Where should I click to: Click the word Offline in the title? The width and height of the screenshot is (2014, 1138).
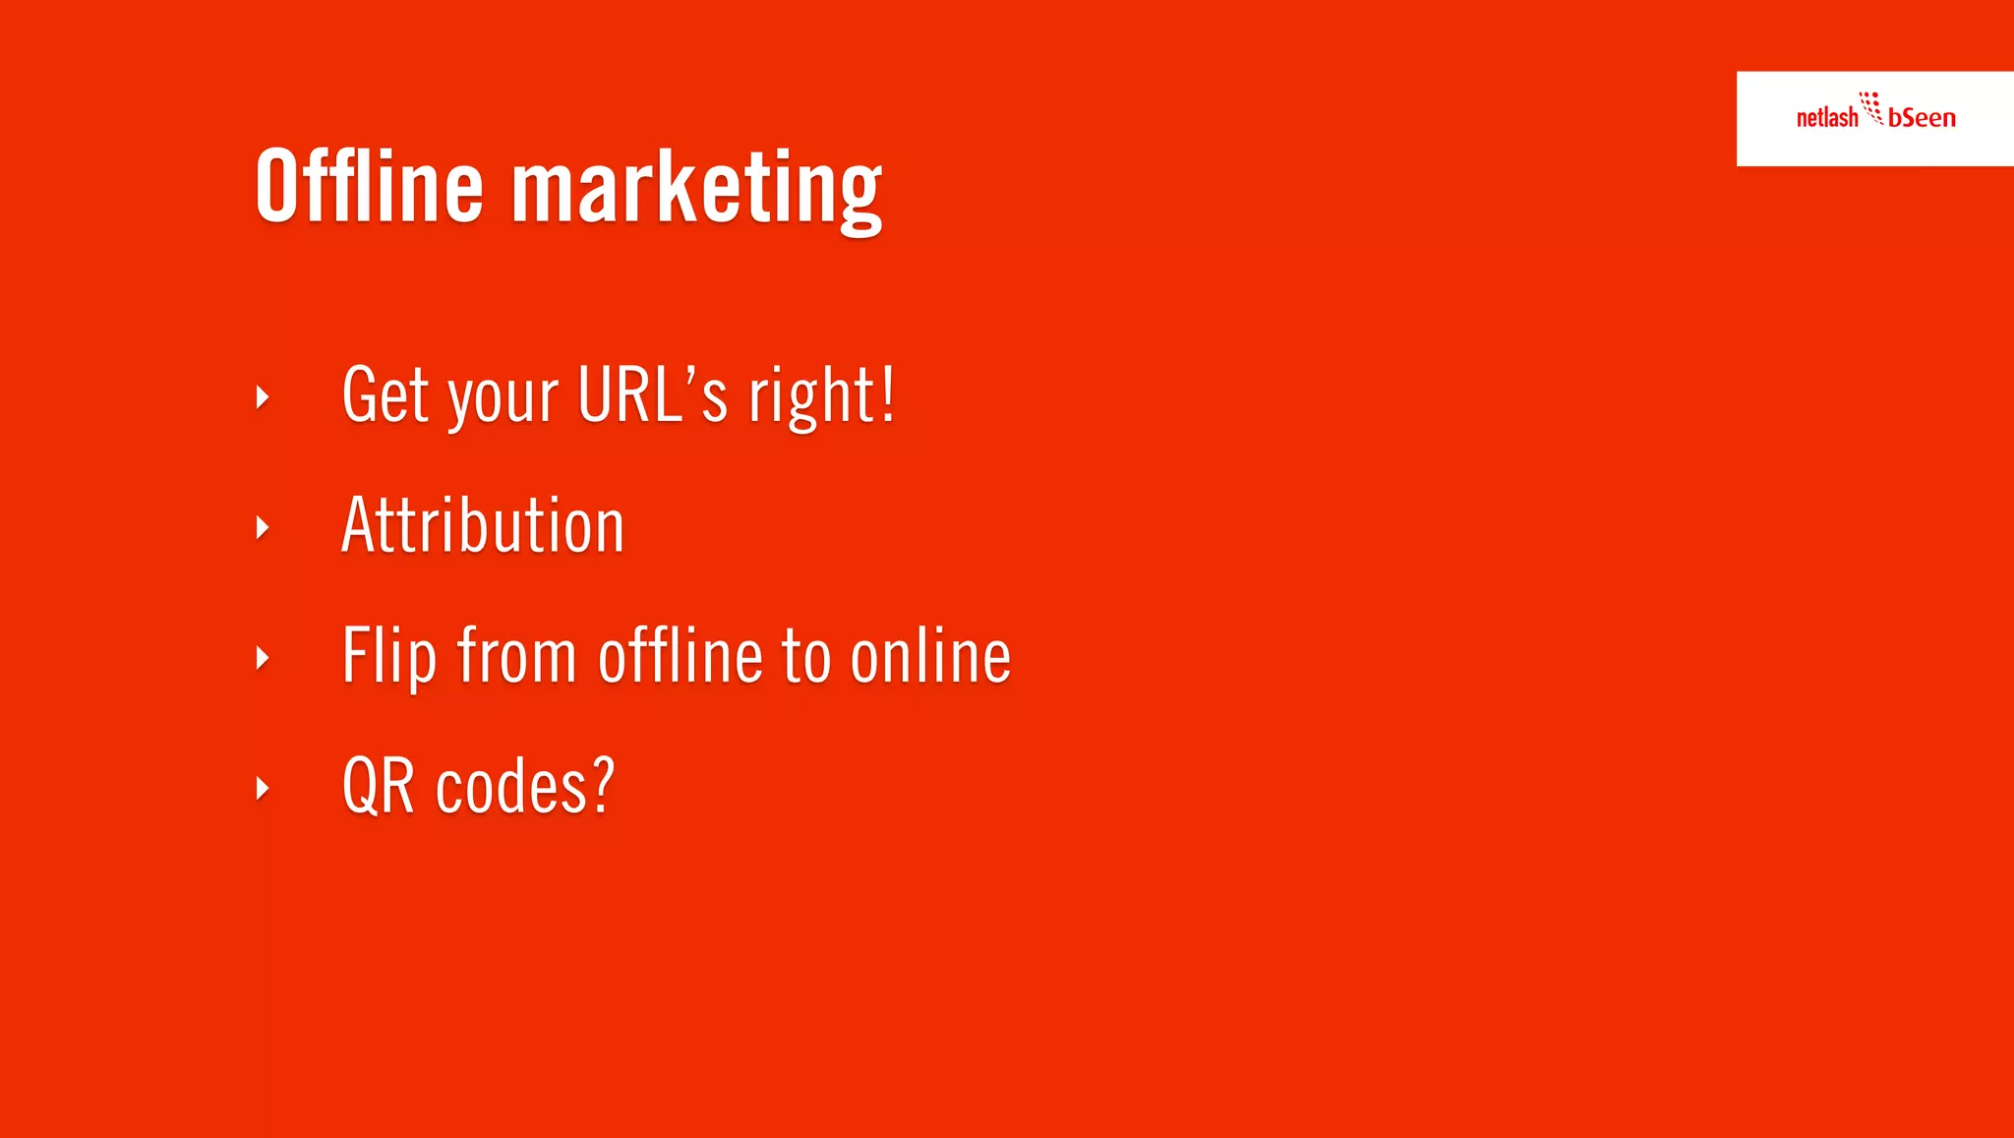pos(369,186)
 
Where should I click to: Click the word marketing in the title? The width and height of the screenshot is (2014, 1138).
pos(696,189)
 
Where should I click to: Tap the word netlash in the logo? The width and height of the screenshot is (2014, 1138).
pos(1826,118)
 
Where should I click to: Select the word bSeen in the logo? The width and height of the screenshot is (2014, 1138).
pos(1922,118)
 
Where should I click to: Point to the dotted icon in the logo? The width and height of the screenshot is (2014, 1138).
pos(1870,107)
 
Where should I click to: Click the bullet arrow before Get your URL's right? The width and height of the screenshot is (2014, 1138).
pos(263,397)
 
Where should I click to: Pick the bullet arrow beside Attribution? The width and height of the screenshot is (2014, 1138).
pos(263,527)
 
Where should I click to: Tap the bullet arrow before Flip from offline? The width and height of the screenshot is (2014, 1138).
pos(263,657)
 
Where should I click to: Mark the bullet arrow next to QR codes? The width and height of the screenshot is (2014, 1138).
pos(263,787)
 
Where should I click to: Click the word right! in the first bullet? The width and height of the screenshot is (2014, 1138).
pos(821,395)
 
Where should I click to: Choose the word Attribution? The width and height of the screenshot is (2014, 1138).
pos(483,525)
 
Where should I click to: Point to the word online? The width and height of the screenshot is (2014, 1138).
pos(930,656)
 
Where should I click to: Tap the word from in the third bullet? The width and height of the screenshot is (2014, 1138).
pos(516,656)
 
